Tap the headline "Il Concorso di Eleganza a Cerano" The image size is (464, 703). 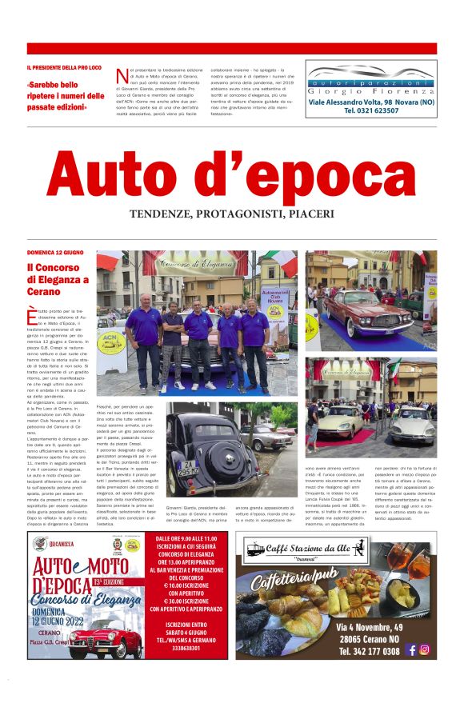click(57, 279)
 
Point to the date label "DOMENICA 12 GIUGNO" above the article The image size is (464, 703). click(54, 252)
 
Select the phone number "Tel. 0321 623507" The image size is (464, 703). click(371, 110)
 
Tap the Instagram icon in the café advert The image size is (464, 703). click(425, 649)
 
